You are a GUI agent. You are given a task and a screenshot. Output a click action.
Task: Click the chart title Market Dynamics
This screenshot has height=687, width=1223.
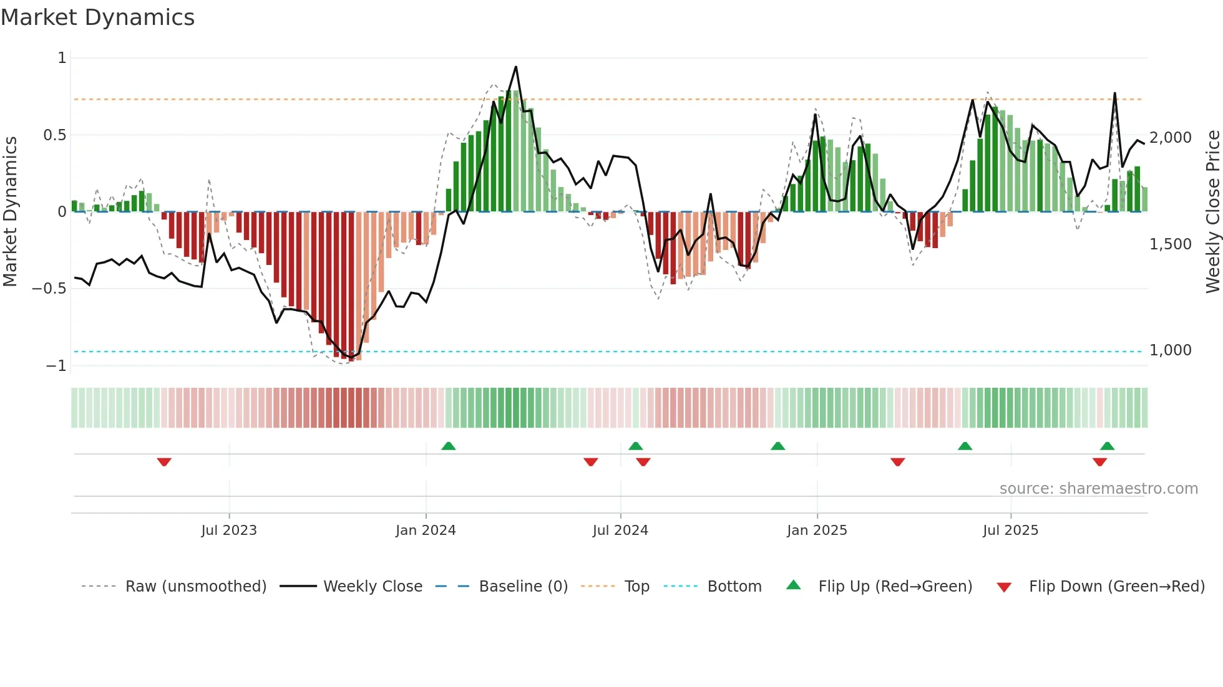click(98, 17)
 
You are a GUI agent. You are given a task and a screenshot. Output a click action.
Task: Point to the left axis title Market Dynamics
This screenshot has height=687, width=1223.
click(10, 212)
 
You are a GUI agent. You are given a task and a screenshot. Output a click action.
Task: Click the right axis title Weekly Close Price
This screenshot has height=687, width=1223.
click(1212, 212)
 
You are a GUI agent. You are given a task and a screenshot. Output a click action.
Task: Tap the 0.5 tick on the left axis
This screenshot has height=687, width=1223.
click(54, 135)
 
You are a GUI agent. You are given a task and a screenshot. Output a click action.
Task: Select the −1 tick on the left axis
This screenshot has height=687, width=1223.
click(56, 366)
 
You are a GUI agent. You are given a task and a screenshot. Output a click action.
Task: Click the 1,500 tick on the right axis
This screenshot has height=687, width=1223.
click(1170, 244)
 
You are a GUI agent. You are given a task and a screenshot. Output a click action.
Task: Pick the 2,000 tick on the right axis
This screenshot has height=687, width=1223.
click(1170, 138)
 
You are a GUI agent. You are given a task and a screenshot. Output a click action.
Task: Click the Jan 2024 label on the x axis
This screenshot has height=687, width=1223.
click(426, 531)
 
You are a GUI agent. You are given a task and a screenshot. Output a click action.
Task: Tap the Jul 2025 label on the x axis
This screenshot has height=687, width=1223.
click(1010, 531)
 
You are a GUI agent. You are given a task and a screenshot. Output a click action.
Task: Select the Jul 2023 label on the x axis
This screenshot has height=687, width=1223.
click(229, 531)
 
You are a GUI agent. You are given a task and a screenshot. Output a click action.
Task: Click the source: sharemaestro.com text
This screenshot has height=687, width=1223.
click(1098, 489)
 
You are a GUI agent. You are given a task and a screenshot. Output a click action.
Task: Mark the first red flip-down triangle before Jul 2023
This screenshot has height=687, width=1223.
click(164, 462)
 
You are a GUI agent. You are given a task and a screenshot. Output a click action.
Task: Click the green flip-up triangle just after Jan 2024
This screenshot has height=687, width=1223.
click(448, 446)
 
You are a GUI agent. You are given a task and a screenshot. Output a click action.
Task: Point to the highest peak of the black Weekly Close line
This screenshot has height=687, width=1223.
click(515, 67)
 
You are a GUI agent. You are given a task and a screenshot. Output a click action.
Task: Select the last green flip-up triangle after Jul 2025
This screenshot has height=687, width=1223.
click(1107, 446)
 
